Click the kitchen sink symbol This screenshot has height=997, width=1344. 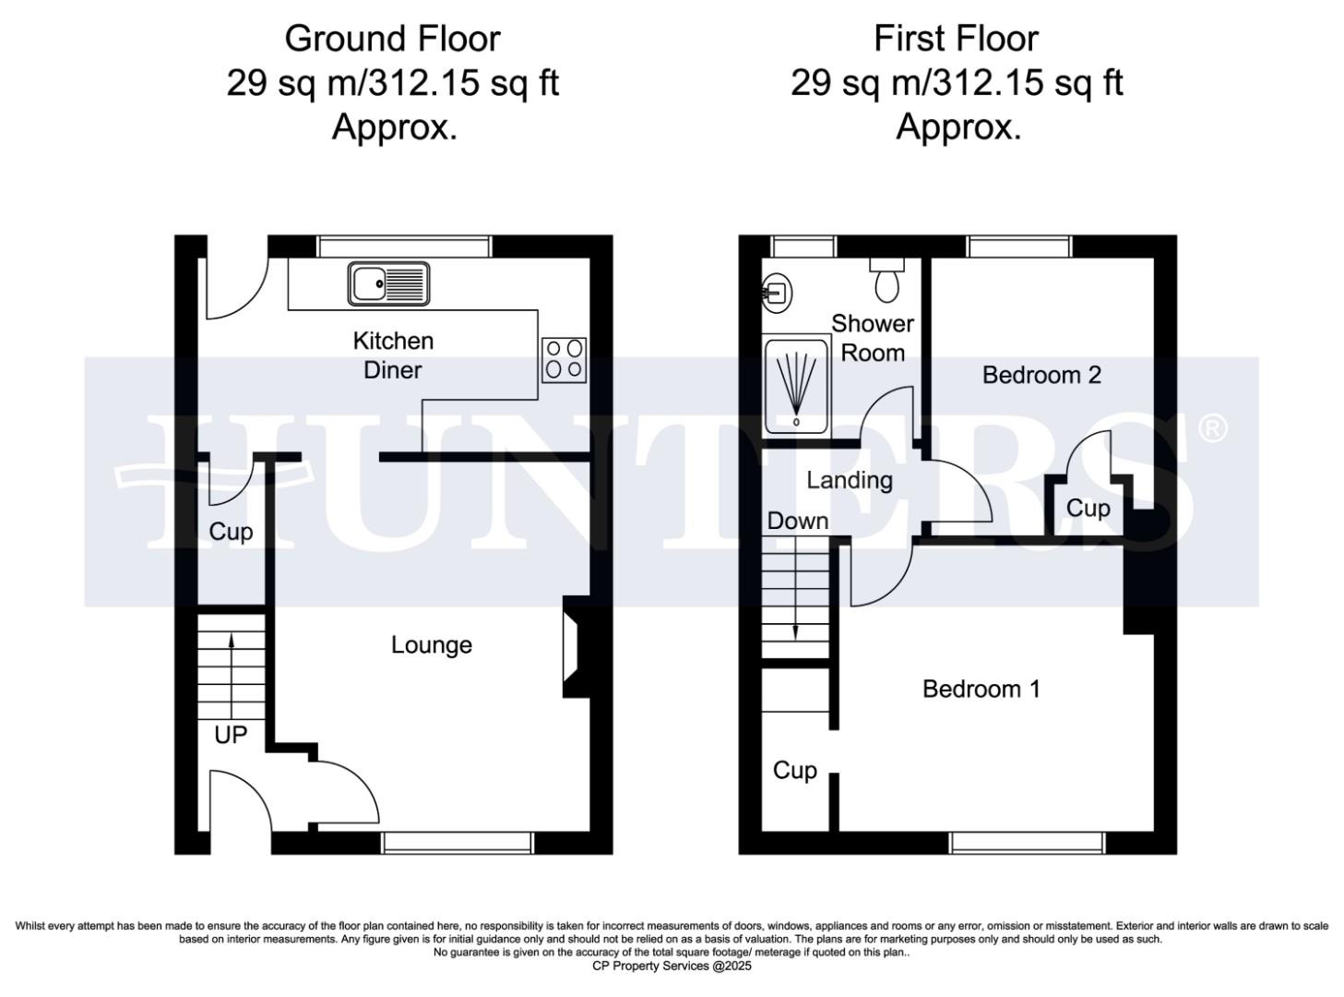coord(388,283)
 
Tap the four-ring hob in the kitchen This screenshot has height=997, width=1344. coord(564,359)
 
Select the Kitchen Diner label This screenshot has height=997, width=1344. coord(393,355)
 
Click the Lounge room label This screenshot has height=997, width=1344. coord(431,644)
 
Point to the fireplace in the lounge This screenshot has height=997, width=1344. coord(572,646)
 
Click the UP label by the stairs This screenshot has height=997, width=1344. coord(231,735)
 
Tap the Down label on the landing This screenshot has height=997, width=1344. coord(797,521)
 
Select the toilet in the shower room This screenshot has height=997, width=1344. coord(886,280)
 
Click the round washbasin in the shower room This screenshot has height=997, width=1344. coord(779,294)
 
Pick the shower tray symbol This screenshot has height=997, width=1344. coord(796,386)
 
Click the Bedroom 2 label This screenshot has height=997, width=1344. coord(1041,375)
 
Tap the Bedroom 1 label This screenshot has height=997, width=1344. coord(981,689)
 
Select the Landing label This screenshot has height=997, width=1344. coord(849,480)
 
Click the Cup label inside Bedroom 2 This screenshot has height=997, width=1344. coord(1088,509)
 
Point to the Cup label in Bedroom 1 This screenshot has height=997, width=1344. coord(794,770)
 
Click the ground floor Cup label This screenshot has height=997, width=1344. coord(231,532)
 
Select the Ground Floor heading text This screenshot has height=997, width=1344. coord(392,39)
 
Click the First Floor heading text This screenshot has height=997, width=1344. coord(956,39)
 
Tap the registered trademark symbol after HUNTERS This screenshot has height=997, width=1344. coord(1212,428)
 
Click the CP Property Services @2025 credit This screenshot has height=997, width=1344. coord(672,966)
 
